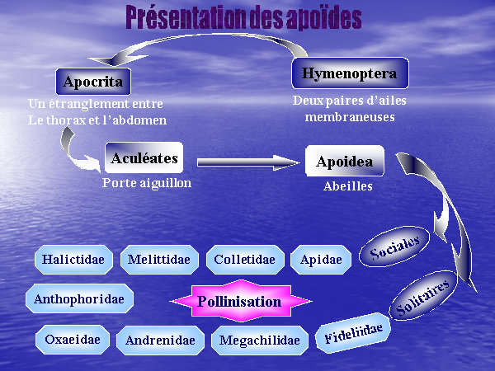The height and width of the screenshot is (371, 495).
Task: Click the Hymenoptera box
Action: click(x=350, y=73)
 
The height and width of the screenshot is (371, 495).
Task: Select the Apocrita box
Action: click(x=93, y=82)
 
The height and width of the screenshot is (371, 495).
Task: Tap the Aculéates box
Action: click(x=144, y=157)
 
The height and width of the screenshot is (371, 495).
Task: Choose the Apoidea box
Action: click(x=345, y=161)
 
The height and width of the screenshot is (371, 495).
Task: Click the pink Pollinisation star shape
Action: click(x=241, y=301)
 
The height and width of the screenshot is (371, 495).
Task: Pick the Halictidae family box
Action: click(x=73, y=260)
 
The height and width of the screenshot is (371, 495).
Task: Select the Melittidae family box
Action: click(x=159, y=260)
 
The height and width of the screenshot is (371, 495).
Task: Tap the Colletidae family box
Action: click(x=245, y=260)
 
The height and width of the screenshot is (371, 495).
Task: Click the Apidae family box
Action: click(x=321, y=260)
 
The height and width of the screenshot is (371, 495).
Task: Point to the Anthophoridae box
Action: click(x=79, y=298)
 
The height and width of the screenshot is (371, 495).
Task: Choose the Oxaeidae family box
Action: click(x=73, y=340)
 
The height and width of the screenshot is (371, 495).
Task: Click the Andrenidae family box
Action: click(x=160, y=340)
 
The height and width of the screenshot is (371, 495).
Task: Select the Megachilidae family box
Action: click(x=260, y=340)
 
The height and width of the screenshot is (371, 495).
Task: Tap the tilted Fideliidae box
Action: click(x=353, y=332)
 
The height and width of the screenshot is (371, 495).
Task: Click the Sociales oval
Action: click(x=394, y=246)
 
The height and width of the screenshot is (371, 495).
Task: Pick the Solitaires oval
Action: click(x=424, y=296)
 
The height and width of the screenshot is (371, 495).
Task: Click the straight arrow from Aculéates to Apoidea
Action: click(x=248, y=162)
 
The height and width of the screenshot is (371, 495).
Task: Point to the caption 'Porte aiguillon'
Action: click(x=147, y=183)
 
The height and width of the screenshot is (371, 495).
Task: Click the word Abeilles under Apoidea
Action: click(x=348, y=186)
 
